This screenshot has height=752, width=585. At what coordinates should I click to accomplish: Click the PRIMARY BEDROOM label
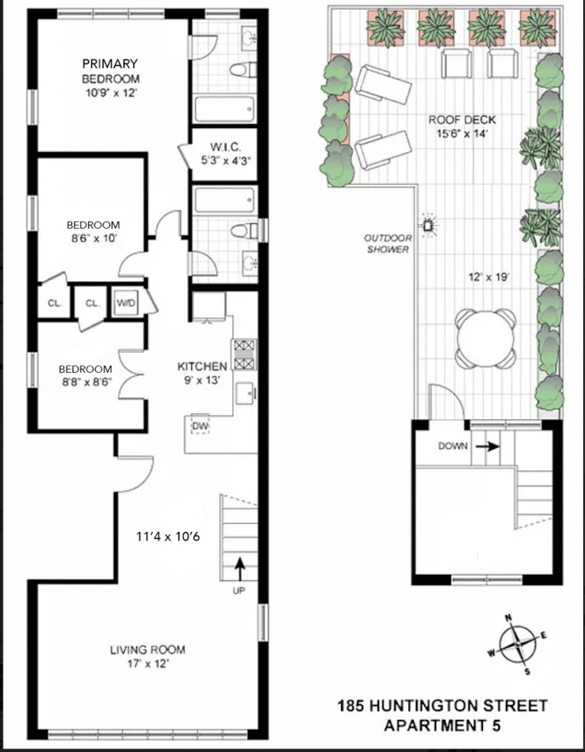pos(110,71)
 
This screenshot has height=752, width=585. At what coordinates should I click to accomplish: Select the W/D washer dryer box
pos(124,303)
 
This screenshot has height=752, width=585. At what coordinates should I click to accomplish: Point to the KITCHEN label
pos(202,366)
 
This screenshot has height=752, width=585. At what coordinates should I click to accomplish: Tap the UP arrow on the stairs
pos(240,569)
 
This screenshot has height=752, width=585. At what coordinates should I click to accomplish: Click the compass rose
pos(518,643)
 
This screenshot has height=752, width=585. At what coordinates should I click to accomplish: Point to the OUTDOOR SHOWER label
pos(386,244)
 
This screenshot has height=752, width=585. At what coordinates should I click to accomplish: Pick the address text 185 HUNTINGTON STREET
pos(444,705)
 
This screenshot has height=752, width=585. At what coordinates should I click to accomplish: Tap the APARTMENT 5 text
pos(444,724)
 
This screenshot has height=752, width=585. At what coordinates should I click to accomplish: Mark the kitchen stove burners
pos(245,354)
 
